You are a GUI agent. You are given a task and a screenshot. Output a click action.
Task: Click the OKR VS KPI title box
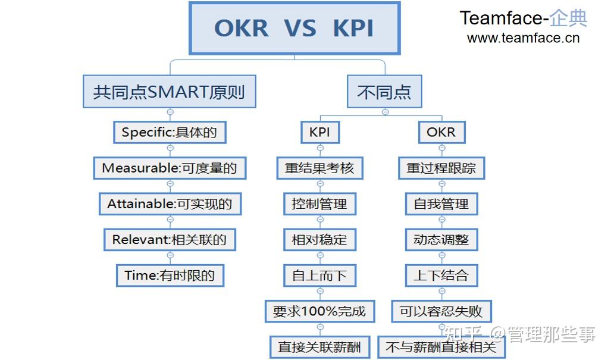pyautogui.click(x=294, y=28)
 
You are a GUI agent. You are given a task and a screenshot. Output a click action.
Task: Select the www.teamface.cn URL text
pyautogui.click(x=523, y=39)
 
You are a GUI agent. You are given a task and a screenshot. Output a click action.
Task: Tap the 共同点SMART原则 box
pyautogui.click(x=170, y=92)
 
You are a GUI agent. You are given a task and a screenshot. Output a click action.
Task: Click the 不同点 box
pyautogui.click(x=384, y=92)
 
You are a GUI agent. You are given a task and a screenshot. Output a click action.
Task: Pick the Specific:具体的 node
pyautogui.click(x=170, y=132)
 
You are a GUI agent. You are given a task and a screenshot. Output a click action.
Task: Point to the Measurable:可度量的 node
pyautogui.click(x=170, y=168)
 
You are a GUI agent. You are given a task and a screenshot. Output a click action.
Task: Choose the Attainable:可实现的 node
pyautogui.click(x=170, y=204)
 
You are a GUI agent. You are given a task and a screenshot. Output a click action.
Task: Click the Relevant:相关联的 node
pyautogui.click(x=170, y=240)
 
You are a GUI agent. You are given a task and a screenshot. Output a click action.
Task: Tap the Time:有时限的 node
pyautogui.click(x=170, y=275)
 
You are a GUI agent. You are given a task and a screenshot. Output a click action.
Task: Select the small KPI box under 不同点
pyautogui.click(x=319, y=132)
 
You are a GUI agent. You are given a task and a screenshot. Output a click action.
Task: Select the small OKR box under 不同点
pyautogui.click(x=441, y=132)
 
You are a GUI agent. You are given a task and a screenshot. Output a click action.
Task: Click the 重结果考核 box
pyautogui.click(x=319, y=168)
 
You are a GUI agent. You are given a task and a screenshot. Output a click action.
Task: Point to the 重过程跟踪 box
pyautogui.click(x=441, y=168)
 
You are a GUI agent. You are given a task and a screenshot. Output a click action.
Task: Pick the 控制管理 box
pyautogui.click(x=319, y=204)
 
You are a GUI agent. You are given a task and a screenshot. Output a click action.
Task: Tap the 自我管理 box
pyautogui.click(x=441, y=204)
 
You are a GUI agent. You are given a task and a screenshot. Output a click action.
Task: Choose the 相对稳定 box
pyautogui.click(x=319, y=240)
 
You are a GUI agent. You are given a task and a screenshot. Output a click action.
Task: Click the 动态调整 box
pyautogui.click(x=441, y=240)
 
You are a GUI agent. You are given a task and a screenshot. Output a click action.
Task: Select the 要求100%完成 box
pyautogui.click(x=319, y=311)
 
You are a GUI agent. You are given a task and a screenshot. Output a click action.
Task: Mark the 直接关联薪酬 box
pyautogui.click(x=319, y=346)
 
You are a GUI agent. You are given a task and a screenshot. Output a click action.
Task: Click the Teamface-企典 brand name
pyautogui.click(x=523, y=18)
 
